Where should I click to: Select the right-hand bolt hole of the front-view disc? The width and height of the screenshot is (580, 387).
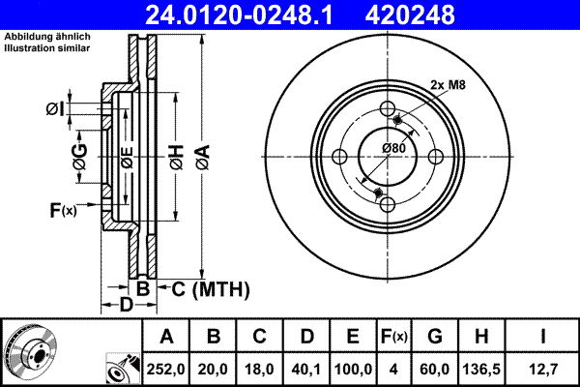[x=436, y=157]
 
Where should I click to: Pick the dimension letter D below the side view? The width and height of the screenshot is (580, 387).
[x=127, y=306]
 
